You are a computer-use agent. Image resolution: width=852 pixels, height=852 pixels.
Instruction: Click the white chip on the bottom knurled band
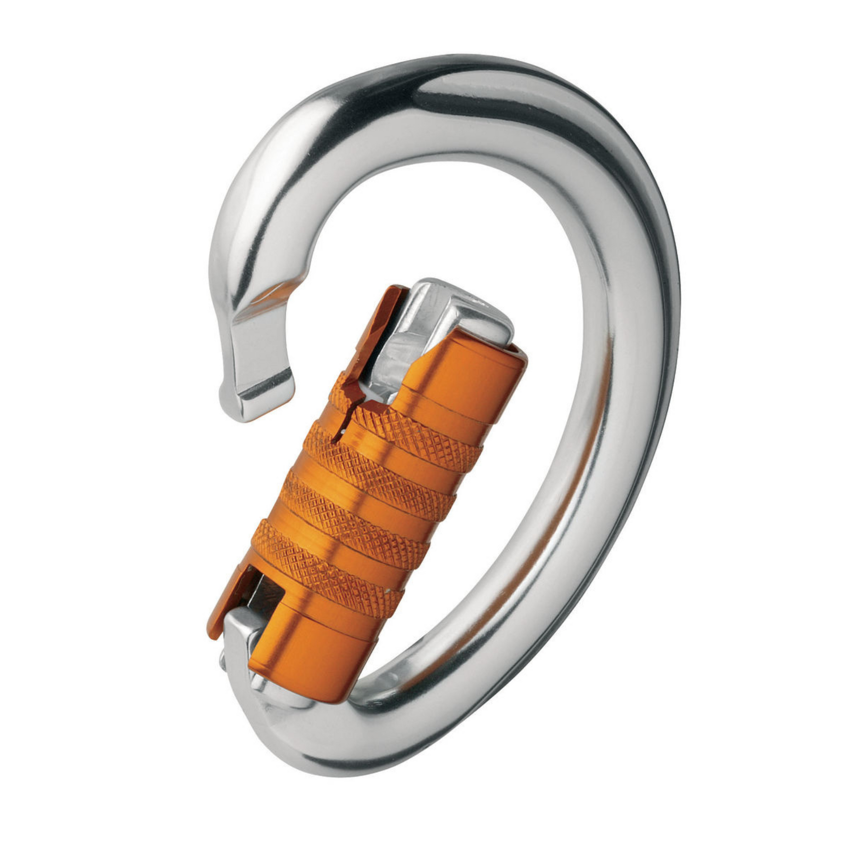point(387,590)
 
